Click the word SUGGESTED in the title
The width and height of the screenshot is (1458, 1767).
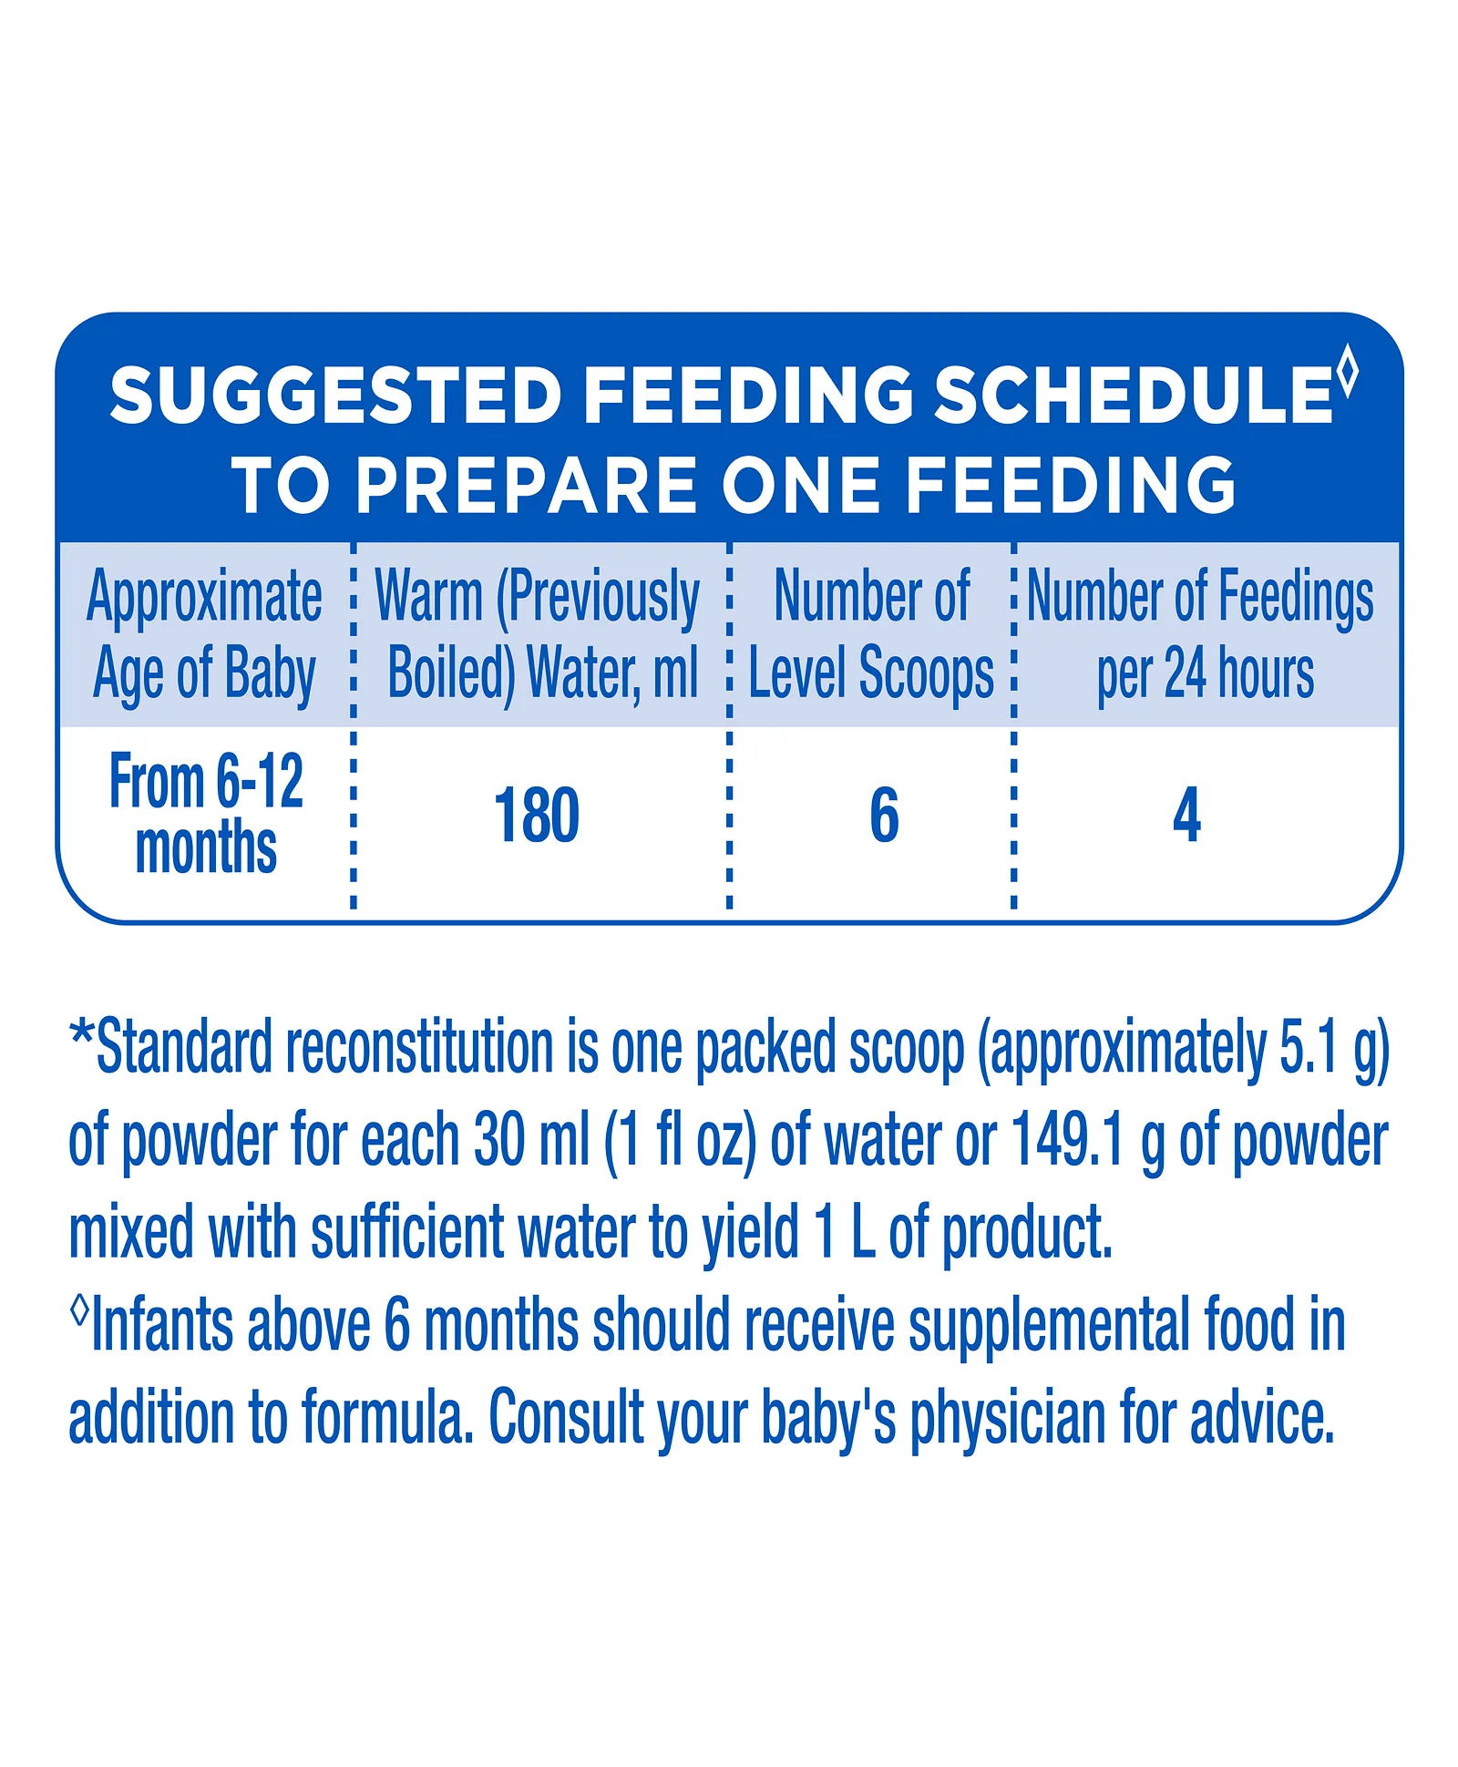pyautogui.click(x=334, y=395)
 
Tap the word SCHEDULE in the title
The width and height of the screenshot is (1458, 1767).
pyautogui.click(x=1134, y=395)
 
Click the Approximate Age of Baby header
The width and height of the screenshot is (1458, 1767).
pyautogui.click(x=204, y=635)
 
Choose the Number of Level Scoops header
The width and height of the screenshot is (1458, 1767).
pyautogui.click(x=871, y=635)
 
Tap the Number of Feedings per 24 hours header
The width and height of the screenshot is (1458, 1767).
pyautogui.click(x=1201, y=635)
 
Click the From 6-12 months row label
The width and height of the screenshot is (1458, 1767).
pyautogui.click(x=206, y=814)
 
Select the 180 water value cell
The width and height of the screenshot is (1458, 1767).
pyautogui.click(x=537, y=815)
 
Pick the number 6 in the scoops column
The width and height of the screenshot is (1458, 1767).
pyautogui.click(x=884, y=815)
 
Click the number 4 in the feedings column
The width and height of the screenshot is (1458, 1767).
pyautogui.click(x=1186, y=815)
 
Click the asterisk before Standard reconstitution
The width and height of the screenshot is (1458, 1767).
pyautogui.click(x=82, y=1036)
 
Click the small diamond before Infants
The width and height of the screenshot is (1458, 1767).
pyautogui.click(x=79, y=1311)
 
